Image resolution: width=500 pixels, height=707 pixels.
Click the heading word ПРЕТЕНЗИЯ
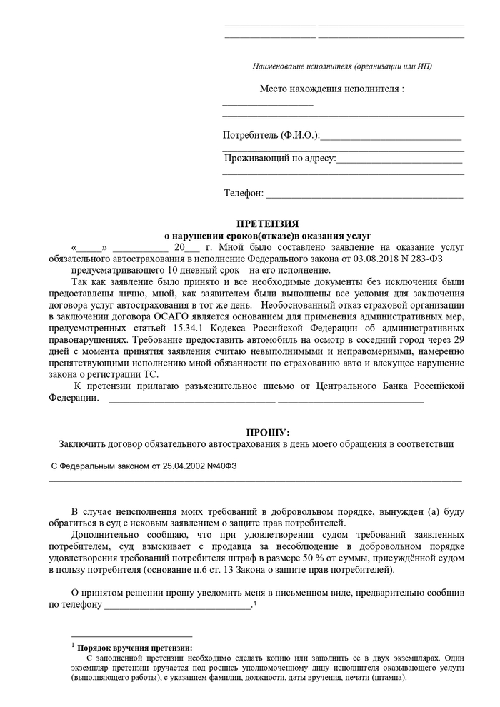coord(267,224)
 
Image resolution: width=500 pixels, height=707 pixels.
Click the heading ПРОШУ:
coord(268,432)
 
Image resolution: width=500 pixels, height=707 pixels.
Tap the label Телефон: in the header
coord(244,194)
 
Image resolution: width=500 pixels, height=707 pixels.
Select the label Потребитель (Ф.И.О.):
coord(271,135)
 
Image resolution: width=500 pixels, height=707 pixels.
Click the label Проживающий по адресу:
coord(279,158)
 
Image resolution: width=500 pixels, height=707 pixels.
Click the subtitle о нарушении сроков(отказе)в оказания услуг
coord(268,235)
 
